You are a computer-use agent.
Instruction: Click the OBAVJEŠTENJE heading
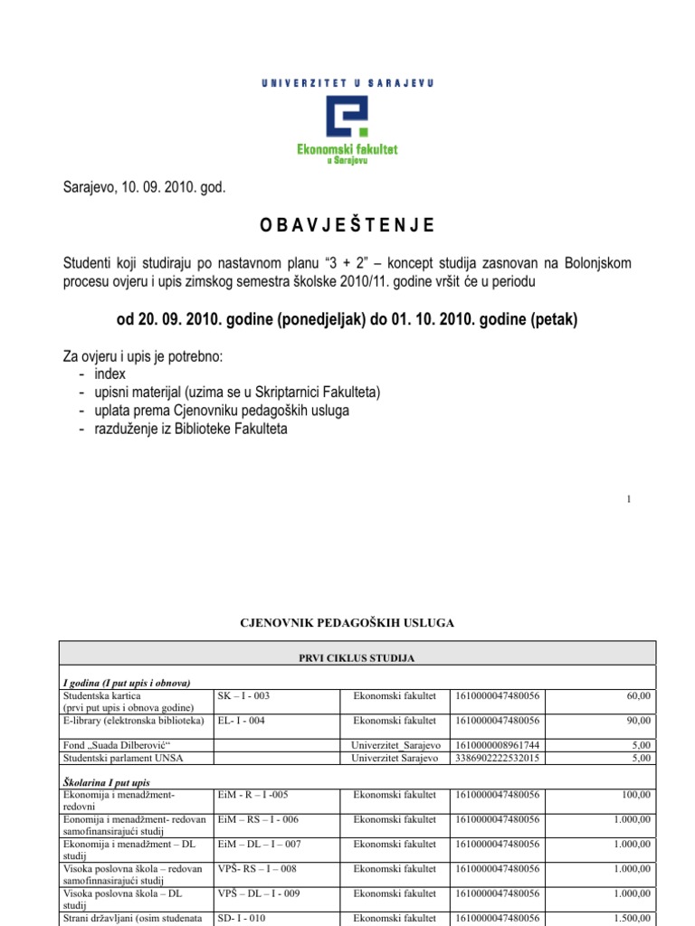tap(347, 225)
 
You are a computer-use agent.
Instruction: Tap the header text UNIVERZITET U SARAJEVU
tap(347, 82)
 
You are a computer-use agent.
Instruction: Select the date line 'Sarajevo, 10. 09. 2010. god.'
tap(143, 188)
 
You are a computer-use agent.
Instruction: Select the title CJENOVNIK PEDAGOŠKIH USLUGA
tap(347, 623)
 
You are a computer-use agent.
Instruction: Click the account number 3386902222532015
tap(496, 758)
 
